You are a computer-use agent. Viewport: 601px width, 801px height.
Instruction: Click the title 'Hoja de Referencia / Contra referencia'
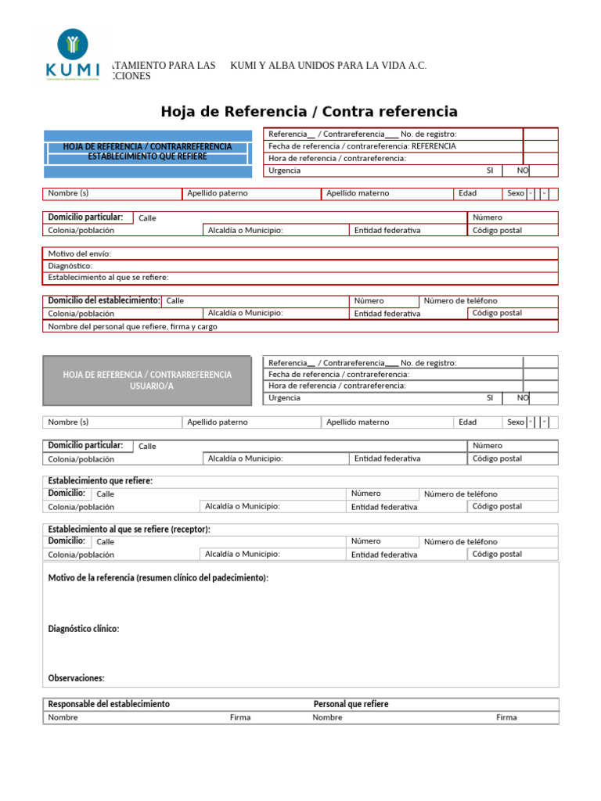pos(309,111)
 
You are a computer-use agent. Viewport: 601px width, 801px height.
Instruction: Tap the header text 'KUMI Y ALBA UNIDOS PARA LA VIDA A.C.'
pos(329,66)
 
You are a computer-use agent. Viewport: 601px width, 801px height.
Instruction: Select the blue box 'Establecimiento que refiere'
pos(147,152)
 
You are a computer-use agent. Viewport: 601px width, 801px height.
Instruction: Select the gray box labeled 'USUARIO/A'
pos(147,380)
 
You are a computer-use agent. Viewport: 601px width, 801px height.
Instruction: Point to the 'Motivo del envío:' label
pos(80,253)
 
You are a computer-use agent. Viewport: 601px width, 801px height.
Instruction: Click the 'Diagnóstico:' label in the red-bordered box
pos(70,266)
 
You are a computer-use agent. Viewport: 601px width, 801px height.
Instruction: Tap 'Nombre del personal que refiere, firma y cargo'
pos(133,327)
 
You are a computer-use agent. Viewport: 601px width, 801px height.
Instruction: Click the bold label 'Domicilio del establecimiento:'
pos(104,300)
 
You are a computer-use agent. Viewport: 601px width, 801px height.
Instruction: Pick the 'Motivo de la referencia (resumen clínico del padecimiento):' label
pos(158,578)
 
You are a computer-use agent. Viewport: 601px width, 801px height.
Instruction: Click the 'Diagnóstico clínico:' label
pos(84,629)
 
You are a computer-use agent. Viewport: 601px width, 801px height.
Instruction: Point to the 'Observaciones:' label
pos(76,678)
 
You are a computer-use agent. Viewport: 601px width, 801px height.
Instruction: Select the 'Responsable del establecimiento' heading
pos(109,704)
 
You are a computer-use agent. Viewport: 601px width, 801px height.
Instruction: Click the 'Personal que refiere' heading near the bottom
pos(351,704)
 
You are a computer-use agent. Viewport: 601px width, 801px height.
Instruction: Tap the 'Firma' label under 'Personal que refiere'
pos(506,717)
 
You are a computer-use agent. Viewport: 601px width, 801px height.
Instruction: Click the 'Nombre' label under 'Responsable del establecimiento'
pos(63,717)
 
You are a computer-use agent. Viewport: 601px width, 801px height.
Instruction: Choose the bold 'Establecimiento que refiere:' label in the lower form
pos(100,480)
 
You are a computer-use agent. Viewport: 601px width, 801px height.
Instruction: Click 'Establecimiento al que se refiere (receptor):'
pos(129,530)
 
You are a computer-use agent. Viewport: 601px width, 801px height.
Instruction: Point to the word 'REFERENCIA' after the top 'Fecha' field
pos(434,145)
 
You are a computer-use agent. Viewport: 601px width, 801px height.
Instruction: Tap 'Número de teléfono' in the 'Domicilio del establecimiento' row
pos(460,300)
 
